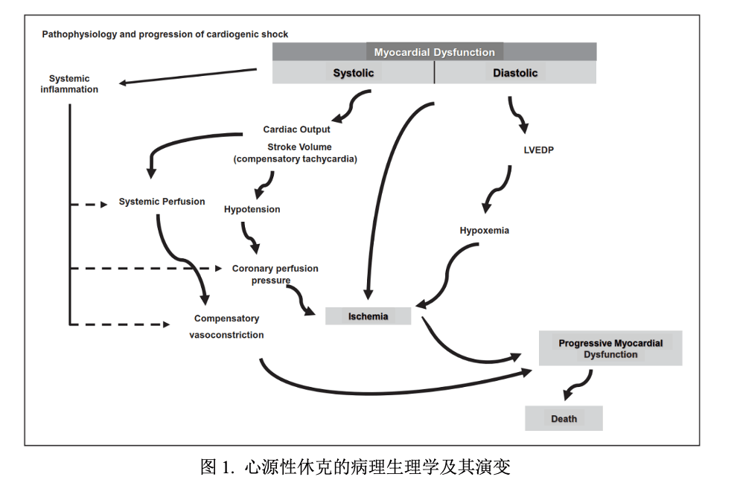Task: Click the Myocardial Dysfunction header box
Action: pos(434,52)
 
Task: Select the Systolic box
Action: pos(354,73)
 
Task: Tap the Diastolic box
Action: pos(515,73)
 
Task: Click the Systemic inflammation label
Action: pos(69,84)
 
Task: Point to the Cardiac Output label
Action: pos(296,129)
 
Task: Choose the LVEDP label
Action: pos(539,150)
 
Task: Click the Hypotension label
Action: pos(252,210)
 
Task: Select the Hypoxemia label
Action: pos(485,231)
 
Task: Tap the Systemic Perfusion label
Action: pos(162,202)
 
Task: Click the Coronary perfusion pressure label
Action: pos(275,275)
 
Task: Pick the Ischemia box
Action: pos(368,316)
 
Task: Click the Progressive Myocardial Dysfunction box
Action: pos(610,349)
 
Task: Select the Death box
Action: pos(564,419)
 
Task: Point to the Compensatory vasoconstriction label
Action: pos(226,327)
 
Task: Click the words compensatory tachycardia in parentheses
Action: pos(296,159)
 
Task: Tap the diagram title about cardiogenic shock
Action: pos(165,34)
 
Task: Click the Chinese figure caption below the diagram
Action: pos(355,467)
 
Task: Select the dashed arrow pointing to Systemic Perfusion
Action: pos(89,204)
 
